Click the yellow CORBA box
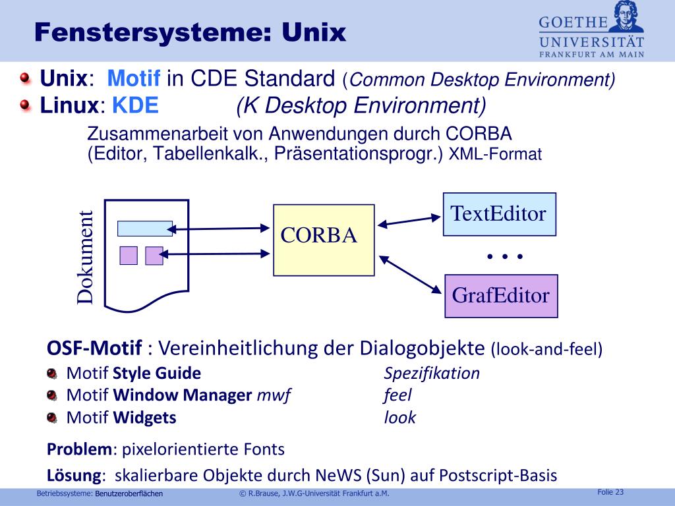click(x=324, y=239)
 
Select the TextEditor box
click(x=499, y=214)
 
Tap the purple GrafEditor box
click(x=501, y=296)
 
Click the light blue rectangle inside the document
click(x=144, y=229)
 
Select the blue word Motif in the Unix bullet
click(x=134, y=80)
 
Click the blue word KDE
click(x=135, y=105)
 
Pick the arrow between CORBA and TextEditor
click(x=409, y=220)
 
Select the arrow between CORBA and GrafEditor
click(x=409, y=272)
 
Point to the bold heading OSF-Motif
click(x=95, y=348)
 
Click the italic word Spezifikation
click(x=432, y=374)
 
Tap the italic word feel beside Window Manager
click(x=397, y=395)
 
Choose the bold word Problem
click(x=80, y=450)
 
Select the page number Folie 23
click(x=610, y=492)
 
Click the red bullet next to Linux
click(x=25, y=105)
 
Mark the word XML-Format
click(x=495, y=155)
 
